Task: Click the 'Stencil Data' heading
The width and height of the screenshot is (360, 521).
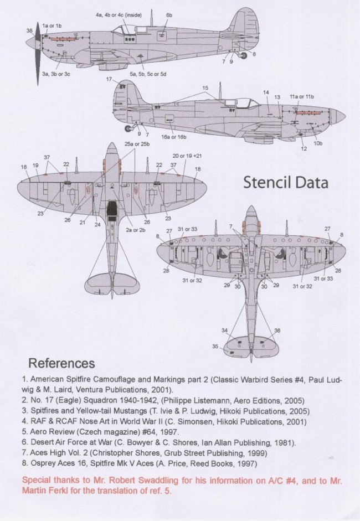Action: [286, 183]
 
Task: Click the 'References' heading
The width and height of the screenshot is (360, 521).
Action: [61, 363]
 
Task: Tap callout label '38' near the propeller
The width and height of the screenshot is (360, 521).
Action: [29, 31]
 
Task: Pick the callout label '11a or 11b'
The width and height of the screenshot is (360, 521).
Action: [301, 96]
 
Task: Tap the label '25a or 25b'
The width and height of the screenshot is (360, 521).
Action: [136, 144]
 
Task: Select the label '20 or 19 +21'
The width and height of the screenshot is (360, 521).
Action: [183, 156]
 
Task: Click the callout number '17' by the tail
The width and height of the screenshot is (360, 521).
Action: [109, 80]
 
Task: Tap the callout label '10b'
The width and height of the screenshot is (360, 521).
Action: [318, 144]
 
